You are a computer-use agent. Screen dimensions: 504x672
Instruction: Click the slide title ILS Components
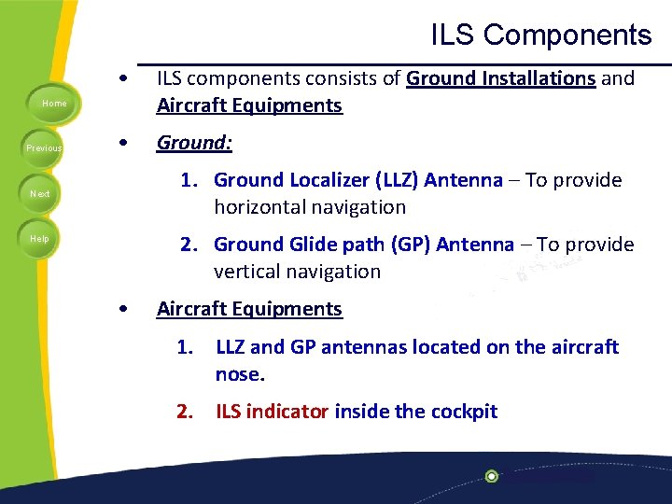540,35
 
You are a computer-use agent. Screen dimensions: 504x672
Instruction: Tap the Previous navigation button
44,147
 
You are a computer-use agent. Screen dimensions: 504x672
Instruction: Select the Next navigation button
40,193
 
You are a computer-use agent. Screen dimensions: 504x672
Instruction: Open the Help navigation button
39,238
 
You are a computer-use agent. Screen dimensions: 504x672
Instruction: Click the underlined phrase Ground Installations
501,78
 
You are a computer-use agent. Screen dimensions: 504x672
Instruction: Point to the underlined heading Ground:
194,143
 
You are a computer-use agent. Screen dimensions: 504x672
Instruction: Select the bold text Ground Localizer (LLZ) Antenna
357,180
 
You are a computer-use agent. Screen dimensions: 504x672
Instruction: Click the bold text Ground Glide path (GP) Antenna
363,245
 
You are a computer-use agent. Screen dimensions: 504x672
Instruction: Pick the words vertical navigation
297,272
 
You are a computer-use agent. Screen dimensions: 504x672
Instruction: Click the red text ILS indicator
272,412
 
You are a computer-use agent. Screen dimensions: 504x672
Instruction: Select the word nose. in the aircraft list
240,374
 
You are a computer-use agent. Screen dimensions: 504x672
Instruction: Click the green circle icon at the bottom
492,476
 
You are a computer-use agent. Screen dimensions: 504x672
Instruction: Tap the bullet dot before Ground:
123,144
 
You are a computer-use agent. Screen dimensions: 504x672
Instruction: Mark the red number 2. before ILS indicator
189,412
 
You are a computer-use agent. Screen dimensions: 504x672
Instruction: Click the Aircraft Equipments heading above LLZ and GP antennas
249,309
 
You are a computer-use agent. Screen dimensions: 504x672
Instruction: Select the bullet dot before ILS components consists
123,78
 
